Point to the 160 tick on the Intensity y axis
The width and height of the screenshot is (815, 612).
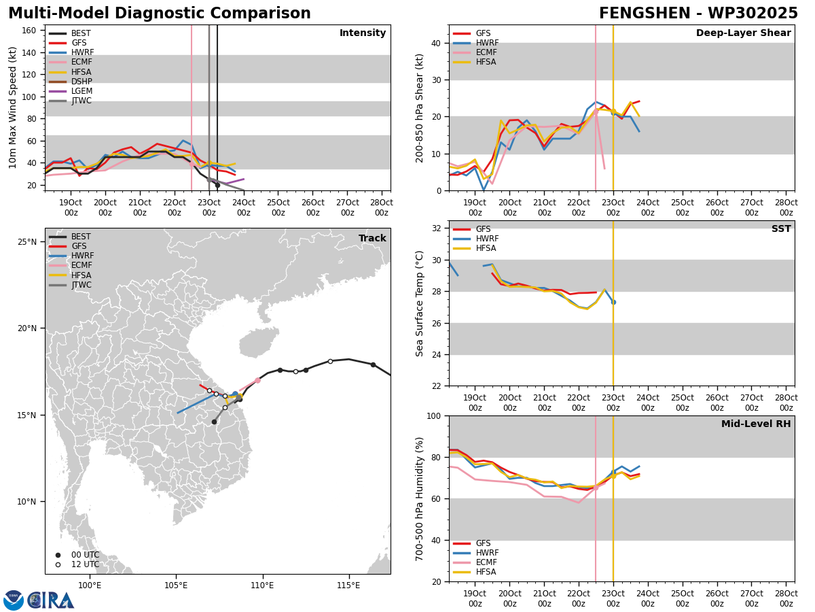coord(29,31)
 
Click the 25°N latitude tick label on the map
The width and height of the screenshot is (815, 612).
coord(27,242)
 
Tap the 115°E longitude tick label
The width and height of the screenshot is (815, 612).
coord(349,585)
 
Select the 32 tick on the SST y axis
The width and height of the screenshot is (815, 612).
coord(436,228)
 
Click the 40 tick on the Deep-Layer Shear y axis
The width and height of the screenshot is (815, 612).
coord(436,43)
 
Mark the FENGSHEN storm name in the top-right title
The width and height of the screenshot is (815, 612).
coord(645,14)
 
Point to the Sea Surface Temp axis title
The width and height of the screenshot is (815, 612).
coord(419,304)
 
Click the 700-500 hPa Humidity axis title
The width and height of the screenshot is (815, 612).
coord(419,499)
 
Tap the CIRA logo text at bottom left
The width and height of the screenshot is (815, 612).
coord(51,600)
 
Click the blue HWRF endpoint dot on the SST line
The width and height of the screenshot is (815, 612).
coord(613,303)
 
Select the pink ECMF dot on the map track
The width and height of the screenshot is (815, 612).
coord(257,381)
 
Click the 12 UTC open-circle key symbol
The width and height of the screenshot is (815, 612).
coord(58,565)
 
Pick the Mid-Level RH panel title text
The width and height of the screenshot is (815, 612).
coord(756,424)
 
